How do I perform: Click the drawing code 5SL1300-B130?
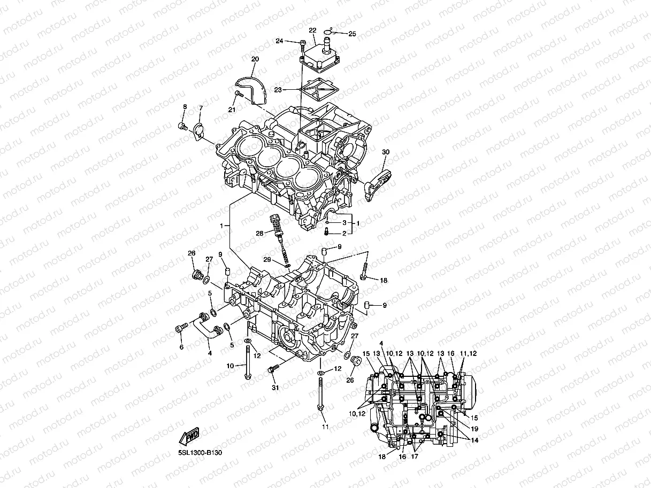tap(200, 453)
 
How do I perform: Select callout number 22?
tap(312, 30)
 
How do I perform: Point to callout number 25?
tap(351, 34)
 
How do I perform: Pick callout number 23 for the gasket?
tap(278, 90)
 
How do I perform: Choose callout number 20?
tap(255, 59)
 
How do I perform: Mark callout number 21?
tap(232, 110)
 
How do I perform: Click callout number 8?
tap(185, 107)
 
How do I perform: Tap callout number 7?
tap(201, 109)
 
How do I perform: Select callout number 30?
tap(386, 152)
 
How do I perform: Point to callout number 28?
tap(259, 233)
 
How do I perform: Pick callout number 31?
tap(275, 388)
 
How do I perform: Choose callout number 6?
tap(181, 347)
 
